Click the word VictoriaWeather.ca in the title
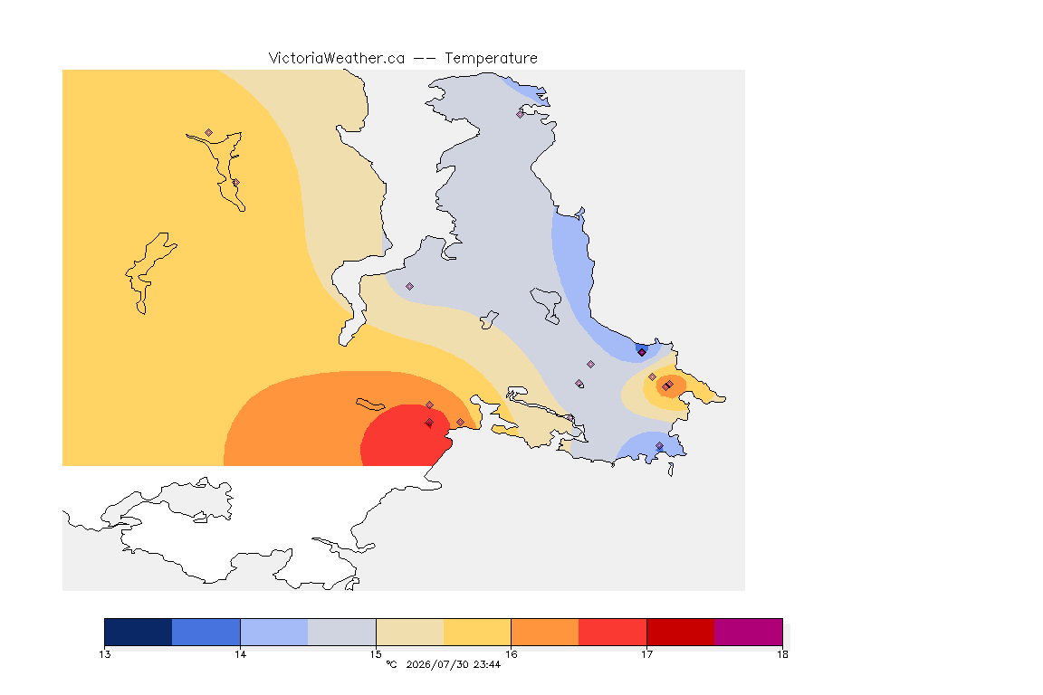point(337,59)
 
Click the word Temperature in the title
point(491,59)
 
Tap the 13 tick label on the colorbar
point(104,654)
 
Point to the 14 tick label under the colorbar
point(240,654)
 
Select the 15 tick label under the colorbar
point(376,654)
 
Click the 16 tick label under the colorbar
point(511,654)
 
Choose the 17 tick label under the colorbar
point(646,654)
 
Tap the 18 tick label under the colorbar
point(782,654)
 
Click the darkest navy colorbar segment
point(139,632)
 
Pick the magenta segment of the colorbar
point(749,632)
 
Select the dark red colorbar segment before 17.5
point(681,632)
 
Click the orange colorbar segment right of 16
point(545,632)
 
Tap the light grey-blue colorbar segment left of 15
point(342,632)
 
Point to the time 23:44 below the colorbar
point(487,664)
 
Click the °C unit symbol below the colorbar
point(391,664)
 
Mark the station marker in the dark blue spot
point(642,353)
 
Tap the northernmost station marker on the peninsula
point(521,114)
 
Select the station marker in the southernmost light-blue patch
point(659,445)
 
